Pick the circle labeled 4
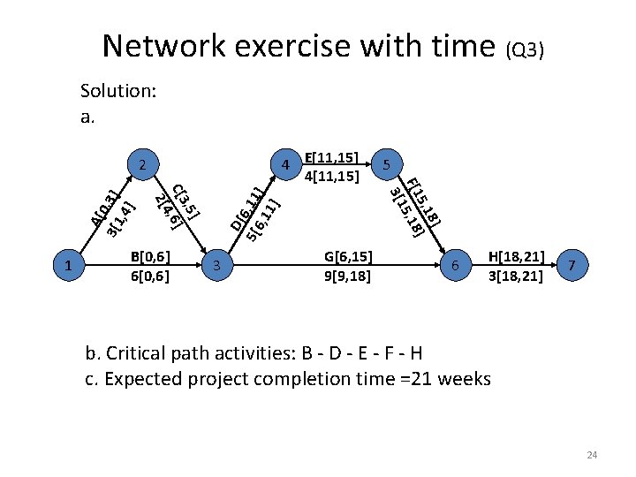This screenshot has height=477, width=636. [285, 165]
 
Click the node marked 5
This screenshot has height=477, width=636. [385, 165]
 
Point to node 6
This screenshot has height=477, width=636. [455, 264]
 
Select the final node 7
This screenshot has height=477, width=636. [573, 264]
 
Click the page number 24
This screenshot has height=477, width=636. [592, 455]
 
